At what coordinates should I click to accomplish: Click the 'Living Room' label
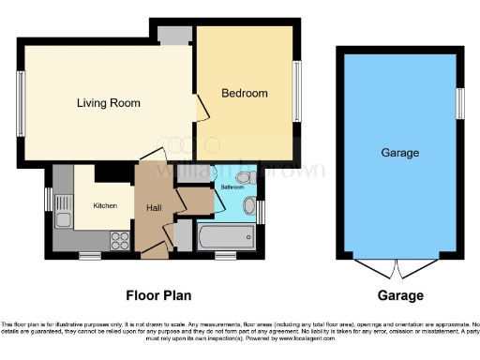click(103, 102)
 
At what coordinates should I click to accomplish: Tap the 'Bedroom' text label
click(245, 93)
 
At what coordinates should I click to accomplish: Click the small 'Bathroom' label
click(232, 187)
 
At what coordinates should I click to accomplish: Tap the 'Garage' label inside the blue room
click(399, 152)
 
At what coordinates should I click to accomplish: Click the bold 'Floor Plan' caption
click(158, 295)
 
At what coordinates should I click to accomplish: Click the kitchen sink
click(64, 212)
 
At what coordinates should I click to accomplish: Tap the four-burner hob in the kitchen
click(120, 237)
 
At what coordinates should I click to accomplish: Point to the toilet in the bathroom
click(245, 177)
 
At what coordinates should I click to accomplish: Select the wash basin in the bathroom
click(249, 206)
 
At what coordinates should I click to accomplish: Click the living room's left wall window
click(21, 102)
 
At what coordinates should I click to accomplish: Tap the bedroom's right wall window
click(298, 92)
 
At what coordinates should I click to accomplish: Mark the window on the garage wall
click(459, 103)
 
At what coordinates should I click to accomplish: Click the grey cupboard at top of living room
click(172, 34)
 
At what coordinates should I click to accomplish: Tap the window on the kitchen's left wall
click(49, 200)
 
